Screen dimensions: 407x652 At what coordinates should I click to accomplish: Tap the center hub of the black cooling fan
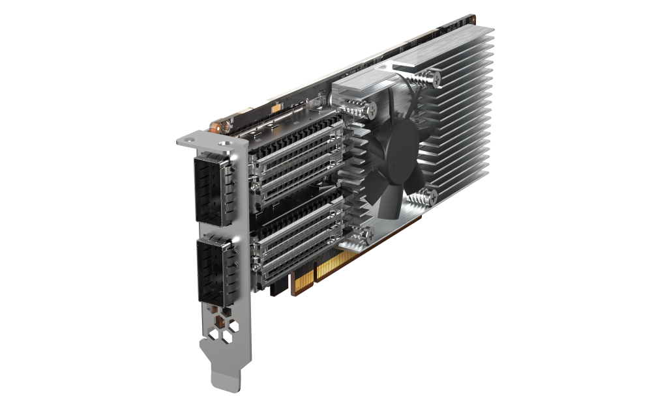click(x=393, y=157)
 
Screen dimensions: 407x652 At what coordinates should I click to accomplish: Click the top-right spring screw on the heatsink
click(x=434, y=78)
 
